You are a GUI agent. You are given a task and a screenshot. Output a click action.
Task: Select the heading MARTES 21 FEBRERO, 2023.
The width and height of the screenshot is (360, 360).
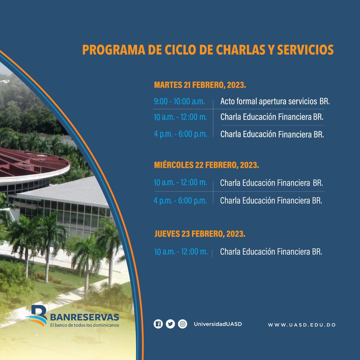pyautogui.click(x=200, y=85)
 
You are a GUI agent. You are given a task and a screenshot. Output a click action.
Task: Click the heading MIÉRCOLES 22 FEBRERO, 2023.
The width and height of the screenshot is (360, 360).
pyautogui.click(x=206, y=165)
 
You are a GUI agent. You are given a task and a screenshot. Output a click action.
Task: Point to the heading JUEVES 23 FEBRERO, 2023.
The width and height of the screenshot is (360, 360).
pyautogui.click(x=200, y=234)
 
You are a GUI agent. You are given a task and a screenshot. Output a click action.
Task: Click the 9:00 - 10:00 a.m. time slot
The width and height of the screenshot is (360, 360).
pyautogui.click(x=179, y=101)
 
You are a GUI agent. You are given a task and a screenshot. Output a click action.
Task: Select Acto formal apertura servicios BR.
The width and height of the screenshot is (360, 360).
pyautogui.click(x=275, y=101)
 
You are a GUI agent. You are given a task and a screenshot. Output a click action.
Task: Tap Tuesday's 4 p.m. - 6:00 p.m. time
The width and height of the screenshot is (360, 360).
pyautogui.click(x=180, y=134)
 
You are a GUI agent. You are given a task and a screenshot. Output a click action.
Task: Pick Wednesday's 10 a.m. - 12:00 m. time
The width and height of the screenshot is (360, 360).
pyautogui.click(x=180, y=182)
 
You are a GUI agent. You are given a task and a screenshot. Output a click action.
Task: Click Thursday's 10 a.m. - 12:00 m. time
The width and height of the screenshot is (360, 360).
pyautogui.click(x=181, y=252)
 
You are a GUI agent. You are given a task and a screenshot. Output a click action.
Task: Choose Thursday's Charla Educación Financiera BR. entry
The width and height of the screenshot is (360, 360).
pyautogui.click(x=271, y=252)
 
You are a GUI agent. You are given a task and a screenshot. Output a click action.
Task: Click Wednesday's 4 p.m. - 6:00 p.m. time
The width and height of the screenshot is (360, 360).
pyautogui.click(x=180, y=200)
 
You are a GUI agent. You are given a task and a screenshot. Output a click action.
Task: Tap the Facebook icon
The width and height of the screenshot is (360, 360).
pyautogui.click(x=158, y=324)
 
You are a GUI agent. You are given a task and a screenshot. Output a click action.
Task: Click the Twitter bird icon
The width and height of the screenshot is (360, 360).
pyautogui.click(x=170, y=324)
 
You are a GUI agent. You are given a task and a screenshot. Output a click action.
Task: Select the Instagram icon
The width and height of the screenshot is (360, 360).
pyautogui.click(x=182, y=324)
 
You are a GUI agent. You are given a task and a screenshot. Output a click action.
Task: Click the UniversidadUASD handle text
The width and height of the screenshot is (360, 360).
pyautogui.click(x=218, y=324)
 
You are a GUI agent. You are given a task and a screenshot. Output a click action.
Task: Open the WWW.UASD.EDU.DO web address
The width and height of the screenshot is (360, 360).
pyautogui.click(x=301, y=325)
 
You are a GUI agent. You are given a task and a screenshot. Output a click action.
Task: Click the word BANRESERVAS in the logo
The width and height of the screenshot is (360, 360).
pyautogui.click(x=85, y=317)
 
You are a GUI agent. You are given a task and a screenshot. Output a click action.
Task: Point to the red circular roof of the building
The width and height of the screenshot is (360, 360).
pyautogui.click(x=33, y=163)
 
